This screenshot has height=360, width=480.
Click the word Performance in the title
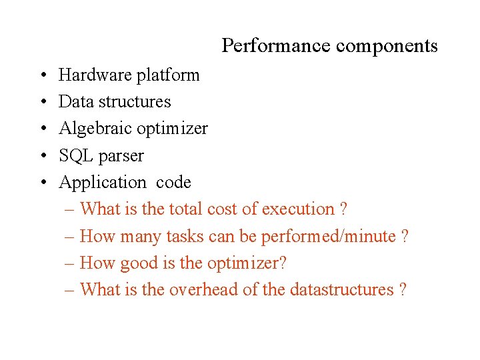(x=276, y=46)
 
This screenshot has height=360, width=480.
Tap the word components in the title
(x=387, y=46)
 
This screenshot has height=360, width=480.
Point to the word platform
(x=168, y=75)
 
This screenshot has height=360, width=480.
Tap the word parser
(x=121, y=156)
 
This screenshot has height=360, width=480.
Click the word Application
(x=102, y=183)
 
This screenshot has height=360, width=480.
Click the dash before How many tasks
(x=70, y=237)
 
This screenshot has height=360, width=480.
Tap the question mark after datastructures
(x=402, y=290)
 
